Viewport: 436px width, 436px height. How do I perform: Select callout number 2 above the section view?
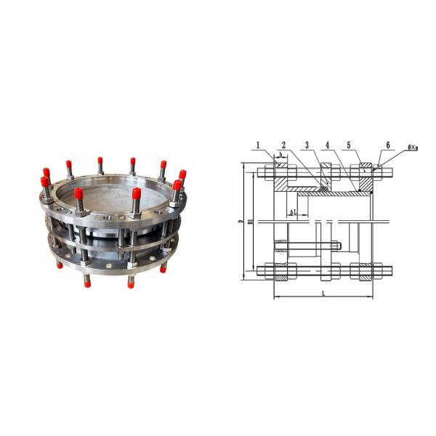pyautogui.click(x=283, y=145)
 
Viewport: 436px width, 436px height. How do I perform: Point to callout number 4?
pyautogui.click(x=328, y=145)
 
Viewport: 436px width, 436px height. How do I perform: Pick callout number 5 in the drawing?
pyautogui.click(x=350, y=145)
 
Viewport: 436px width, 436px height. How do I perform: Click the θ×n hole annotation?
pyautogui.click(x=412, y=148)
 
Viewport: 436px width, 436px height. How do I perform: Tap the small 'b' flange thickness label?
pyautogui.click(x=280, y=156)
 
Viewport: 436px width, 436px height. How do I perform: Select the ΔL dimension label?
pyautogui.click(x=293, y=212)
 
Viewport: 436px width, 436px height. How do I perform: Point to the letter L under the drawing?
pyautogui.click(x=323, y=292)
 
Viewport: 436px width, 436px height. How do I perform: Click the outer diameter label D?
pyautogui.click(x=241, y=222)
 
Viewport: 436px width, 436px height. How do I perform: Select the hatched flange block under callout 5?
pyautogui.click(x=360, y=179)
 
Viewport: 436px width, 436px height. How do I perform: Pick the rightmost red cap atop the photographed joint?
pyautogui.click(x=182, y=174)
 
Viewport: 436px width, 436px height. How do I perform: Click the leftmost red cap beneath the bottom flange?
pyautogui.click(x=60, y=265)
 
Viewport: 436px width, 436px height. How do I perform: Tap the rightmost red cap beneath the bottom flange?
pyautogui.click(x=163, y=269)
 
